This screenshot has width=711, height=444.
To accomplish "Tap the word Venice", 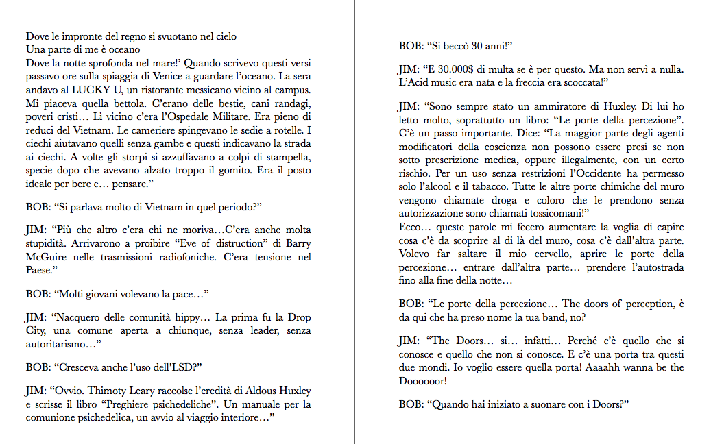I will coord(205,76).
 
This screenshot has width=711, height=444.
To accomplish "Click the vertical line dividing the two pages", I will coord(355,222).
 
